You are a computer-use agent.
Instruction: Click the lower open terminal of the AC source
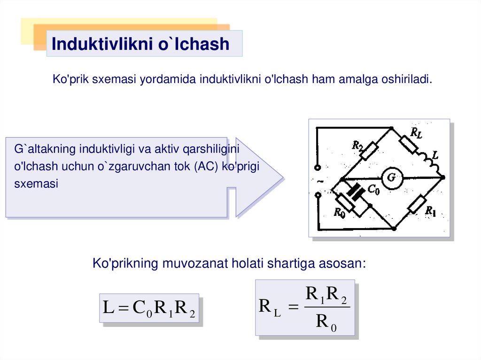coord(318,194)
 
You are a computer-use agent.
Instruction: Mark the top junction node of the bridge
coord(391,128)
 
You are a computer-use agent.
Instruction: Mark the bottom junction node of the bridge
coord(394,229)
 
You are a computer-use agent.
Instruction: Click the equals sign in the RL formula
coord(293,307)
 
